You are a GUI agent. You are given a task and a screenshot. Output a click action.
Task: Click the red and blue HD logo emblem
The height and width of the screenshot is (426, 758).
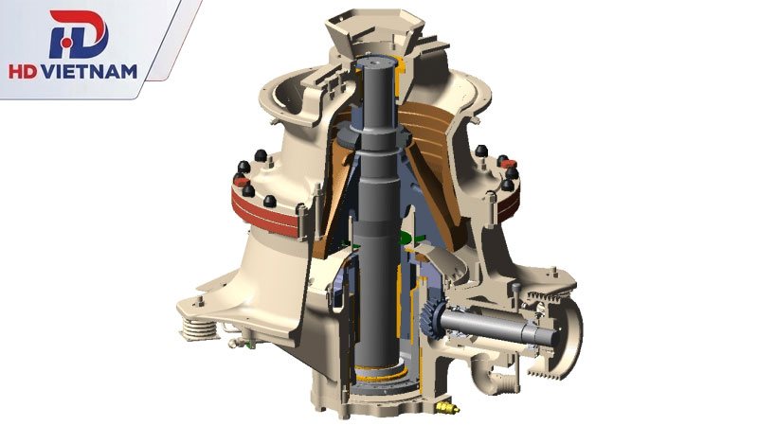tap(79, 34)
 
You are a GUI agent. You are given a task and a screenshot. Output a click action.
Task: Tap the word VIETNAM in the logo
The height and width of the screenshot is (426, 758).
tap(89, 72)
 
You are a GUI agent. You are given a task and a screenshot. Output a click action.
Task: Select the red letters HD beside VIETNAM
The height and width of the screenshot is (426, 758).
tap(23, 72)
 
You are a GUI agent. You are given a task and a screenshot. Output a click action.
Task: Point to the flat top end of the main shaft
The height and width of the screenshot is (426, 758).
tap(375, 62)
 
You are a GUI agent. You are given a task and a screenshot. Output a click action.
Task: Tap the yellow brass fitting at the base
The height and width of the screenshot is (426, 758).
tap(446, 408)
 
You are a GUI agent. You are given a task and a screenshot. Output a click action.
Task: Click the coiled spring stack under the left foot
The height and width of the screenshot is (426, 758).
tap(198, 329)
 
